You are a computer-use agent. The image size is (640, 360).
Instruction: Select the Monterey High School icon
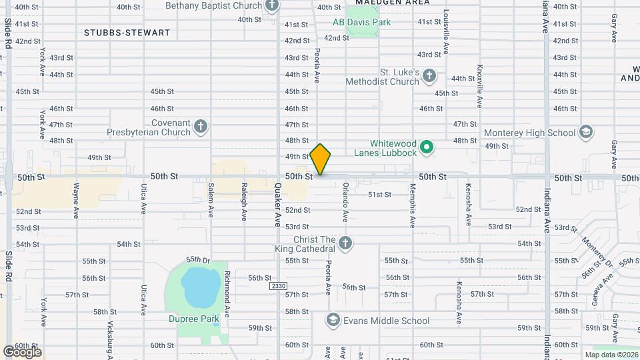586,132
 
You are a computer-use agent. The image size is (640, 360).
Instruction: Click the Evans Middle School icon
332,321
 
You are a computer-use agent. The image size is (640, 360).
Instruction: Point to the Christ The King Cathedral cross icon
345,243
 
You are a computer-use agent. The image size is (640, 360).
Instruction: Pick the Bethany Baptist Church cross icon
271,6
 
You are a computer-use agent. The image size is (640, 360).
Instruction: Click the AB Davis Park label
362,22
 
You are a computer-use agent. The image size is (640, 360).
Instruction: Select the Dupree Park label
193,319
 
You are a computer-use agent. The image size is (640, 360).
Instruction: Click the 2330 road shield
278,286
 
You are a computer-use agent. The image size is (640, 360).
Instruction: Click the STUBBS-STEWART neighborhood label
127,32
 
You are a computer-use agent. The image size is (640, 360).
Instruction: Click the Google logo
22,351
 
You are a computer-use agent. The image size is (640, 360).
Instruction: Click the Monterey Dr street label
597,249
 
